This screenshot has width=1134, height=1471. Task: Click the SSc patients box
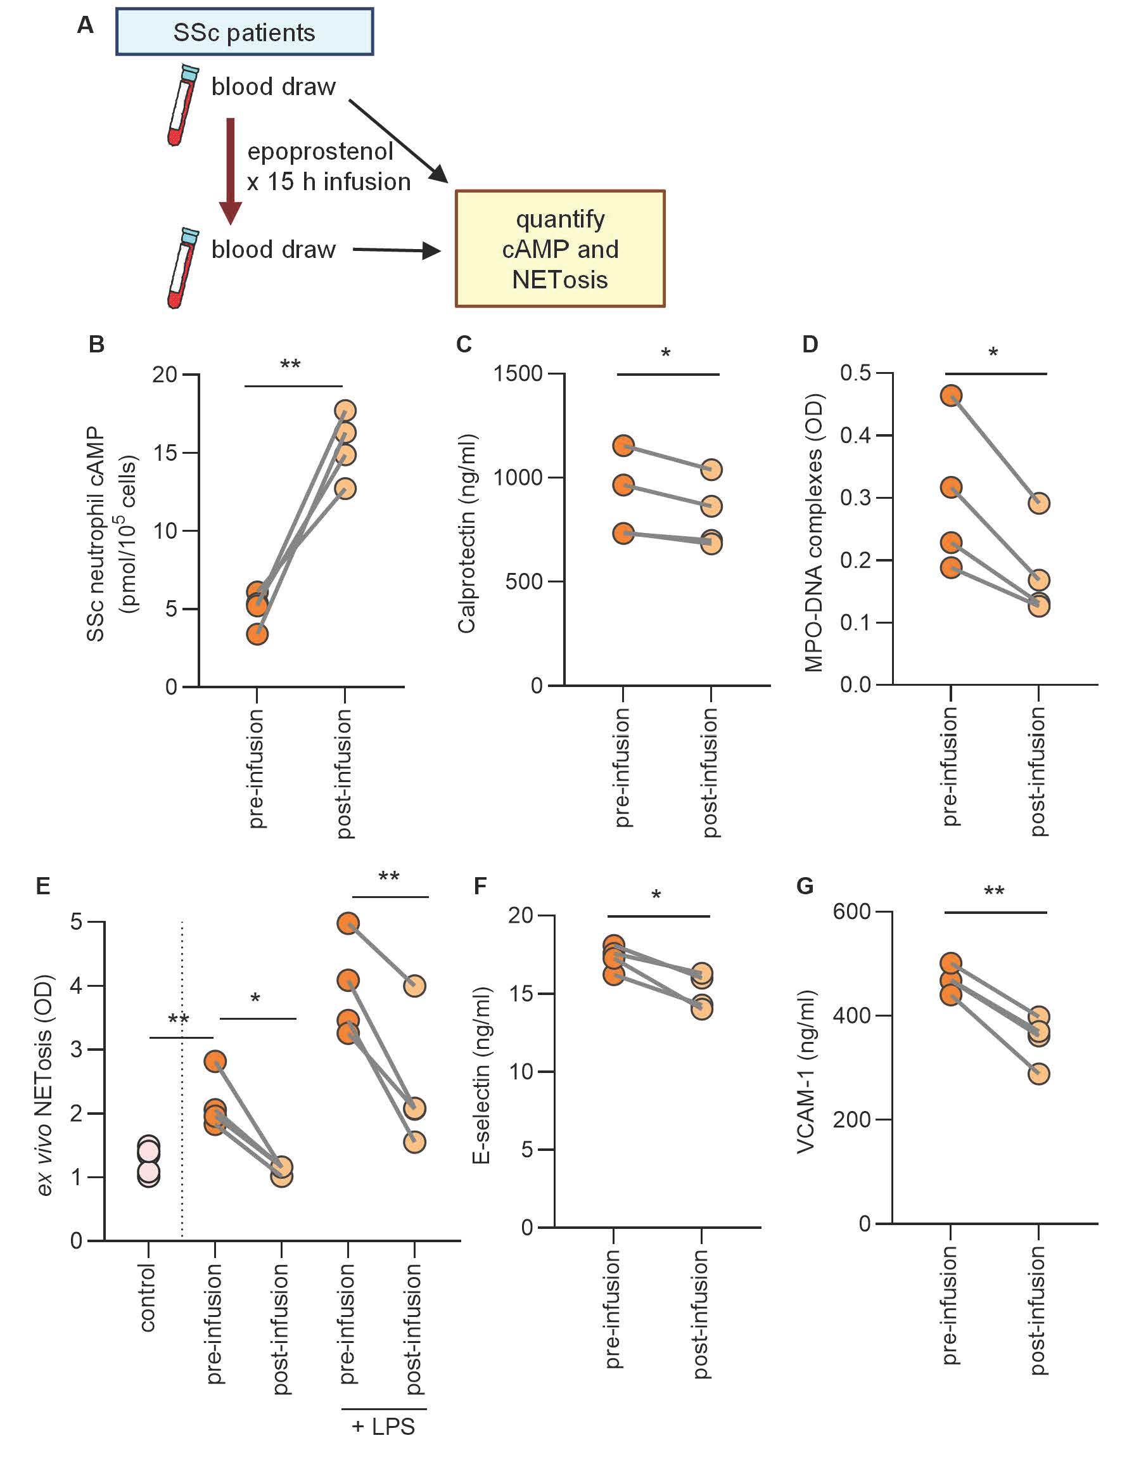(244, 32)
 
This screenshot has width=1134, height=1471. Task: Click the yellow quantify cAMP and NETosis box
(559, 248)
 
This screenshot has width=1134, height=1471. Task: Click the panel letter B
(96, 344)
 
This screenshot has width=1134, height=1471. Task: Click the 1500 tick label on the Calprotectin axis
(518, 373)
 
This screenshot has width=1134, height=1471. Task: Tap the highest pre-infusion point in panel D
(951, 395)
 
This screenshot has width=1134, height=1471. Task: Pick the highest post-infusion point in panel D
(1039, 503)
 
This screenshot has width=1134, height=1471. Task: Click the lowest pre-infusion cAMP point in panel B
(257, 634)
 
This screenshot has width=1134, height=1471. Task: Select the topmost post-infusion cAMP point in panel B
(345, 411)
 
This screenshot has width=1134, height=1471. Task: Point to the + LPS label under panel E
(383, 1427)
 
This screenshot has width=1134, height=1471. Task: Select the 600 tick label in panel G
(851, 911)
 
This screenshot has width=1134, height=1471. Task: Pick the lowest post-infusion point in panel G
(1039, 1074)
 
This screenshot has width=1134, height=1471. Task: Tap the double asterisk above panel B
(290, 364)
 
